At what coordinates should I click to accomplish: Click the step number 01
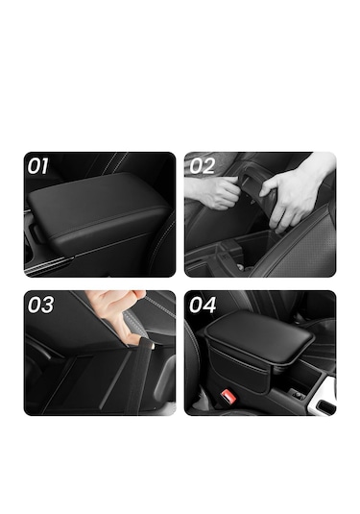[37, 166]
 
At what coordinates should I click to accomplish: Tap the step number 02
[203, 166]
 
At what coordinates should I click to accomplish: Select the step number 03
[40, 305]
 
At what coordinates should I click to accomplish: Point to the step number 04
[203, 305]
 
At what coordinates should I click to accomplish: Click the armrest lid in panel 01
[98, 209]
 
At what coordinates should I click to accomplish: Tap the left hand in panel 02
[214, 191]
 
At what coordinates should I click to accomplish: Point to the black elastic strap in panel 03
[139, 377]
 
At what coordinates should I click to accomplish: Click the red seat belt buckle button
[228, 395]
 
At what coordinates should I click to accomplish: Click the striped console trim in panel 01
[49, 264]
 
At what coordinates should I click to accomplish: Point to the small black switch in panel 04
[298, 395]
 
